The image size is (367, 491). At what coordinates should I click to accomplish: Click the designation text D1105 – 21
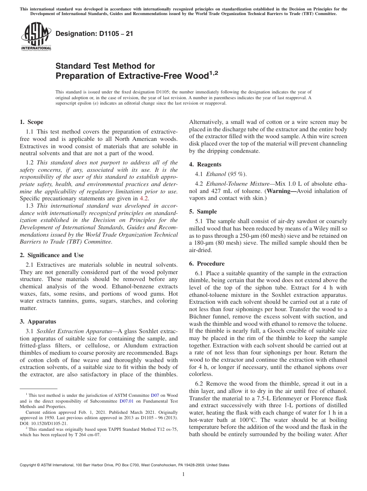(94, 34)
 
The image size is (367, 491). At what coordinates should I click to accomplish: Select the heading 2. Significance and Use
(51, 255)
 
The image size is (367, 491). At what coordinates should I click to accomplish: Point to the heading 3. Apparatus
(38, 322)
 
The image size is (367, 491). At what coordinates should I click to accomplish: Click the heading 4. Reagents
(205, 164)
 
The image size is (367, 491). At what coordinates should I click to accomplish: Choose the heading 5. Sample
(203, 212)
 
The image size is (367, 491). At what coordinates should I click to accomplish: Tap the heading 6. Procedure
(207, 264)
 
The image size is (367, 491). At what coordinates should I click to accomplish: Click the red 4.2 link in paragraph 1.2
(144, 198)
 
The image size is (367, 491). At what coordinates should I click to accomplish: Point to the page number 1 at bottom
(183, 474)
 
